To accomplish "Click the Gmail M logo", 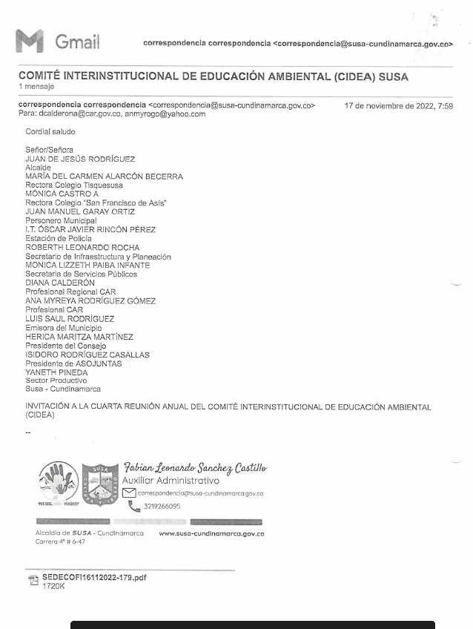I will (30, 42).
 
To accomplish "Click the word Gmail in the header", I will (77, 42).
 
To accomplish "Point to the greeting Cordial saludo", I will (50, 132).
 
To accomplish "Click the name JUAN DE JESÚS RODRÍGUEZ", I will (80, 159).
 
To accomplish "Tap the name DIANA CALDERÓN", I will (60, 283).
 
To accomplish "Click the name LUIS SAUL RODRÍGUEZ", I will (70, 319).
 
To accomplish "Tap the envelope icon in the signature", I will (129, 493).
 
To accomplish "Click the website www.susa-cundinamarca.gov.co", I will (211, 533).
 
